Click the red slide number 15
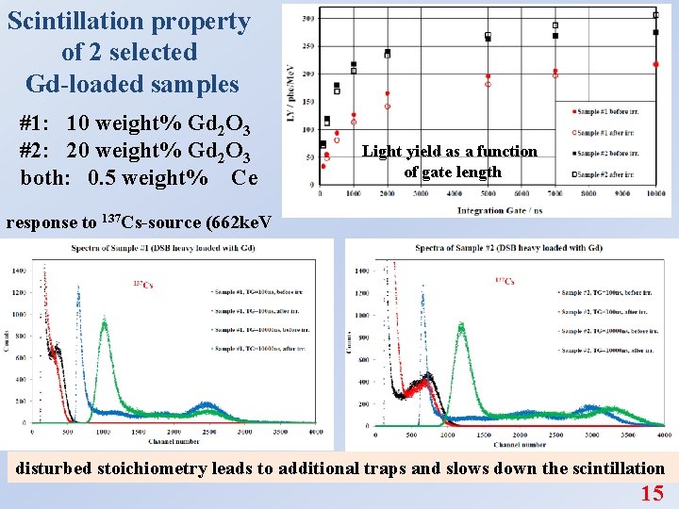652,493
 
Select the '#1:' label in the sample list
40,123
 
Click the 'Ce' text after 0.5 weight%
236,177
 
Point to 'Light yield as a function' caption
450,151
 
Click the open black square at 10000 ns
656,15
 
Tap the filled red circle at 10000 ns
656,64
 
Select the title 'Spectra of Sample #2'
508,248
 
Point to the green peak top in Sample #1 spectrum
103,321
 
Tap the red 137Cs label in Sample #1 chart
142,285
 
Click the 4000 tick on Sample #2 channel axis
664,436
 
